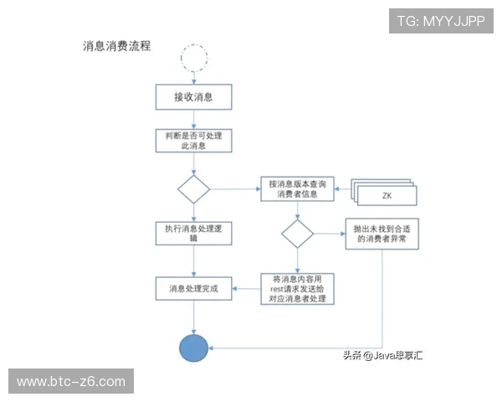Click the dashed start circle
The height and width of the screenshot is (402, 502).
tap(194, 57)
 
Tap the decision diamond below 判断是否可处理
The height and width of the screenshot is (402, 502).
tap(194, 189)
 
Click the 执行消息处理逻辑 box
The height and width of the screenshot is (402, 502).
tap(193, 233)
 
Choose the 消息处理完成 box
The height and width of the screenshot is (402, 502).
tap(193, 288)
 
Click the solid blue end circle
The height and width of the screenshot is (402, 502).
tap(194, 347)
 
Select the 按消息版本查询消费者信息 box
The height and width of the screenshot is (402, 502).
tap(299, 189)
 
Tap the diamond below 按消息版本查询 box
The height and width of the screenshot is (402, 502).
tap(297, 234)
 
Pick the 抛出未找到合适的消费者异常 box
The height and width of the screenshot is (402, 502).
tap(382, 234)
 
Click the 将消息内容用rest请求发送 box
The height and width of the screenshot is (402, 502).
tap(297, 288)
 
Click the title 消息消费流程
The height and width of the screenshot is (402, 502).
tap(116, 47)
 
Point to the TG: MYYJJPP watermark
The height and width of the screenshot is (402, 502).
tap(440, 21)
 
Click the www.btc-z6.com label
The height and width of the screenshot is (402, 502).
tap(70, 382)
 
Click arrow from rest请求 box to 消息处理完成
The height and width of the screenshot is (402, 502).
tap(245, 289)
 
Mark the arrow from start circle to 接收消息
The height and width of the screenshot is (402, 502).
tap(194, 77)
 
